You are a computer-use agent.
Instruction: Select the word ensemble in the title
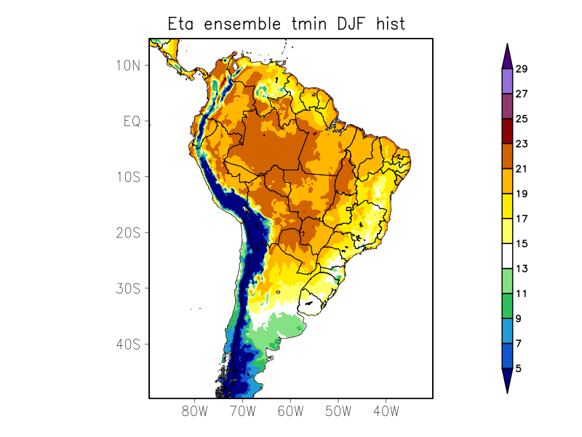241,24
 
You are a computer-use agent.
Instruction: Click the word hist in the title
391,24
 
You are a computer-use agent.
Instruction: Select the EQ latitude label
132,122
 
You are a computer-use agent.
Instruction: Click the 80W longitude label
195,411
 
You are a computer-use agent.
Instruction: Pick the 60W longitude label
290,411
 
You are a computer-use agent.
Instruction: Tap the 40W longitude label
386,411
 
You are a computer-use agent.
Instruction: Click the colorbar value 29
522,69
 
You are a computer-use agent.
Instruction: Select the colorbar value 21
522,169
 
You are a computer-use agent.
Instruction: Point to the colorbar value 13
522,269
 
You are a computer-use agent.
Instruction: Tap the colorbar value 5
519,369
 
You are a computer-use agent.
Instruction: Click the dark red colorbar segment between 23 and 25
507,131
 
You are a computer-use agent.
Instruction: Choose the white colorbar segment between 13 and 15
507,256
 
